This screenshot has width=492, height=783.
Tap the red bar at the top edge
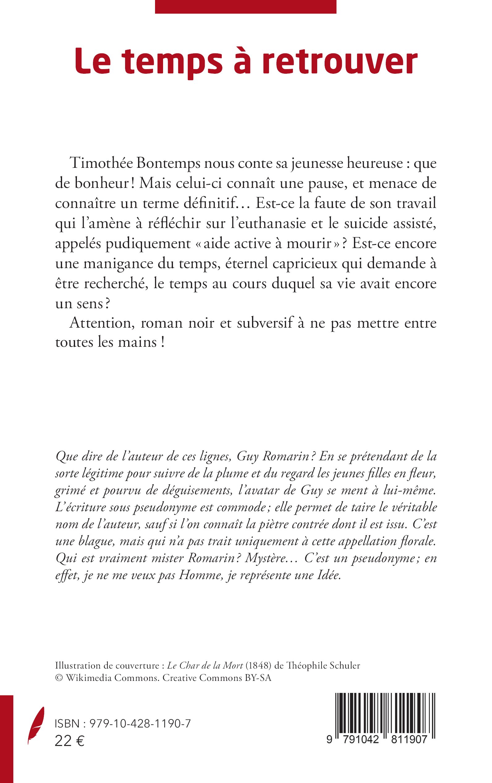[245, 6]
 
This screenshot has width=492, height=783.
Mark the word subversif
[265, 323]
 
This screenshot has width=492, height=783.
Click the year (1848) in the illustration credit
[258, 666]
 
